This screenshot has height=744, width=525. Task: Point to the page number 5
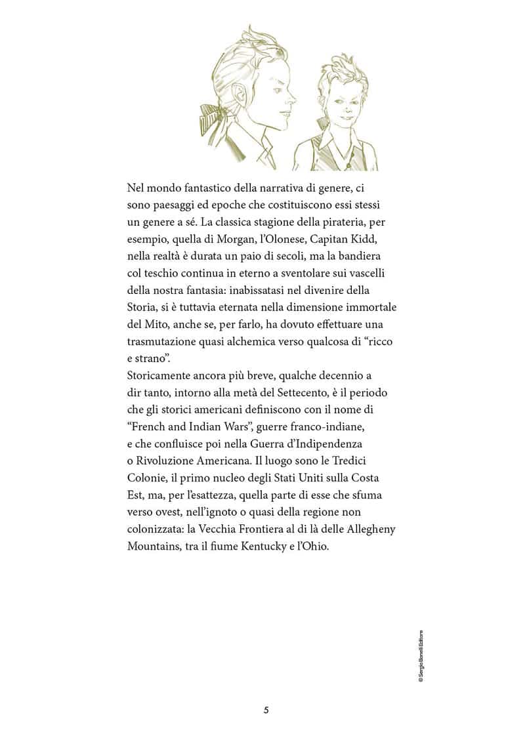266,710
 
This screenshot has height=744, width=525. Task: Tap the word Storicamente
158,375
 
